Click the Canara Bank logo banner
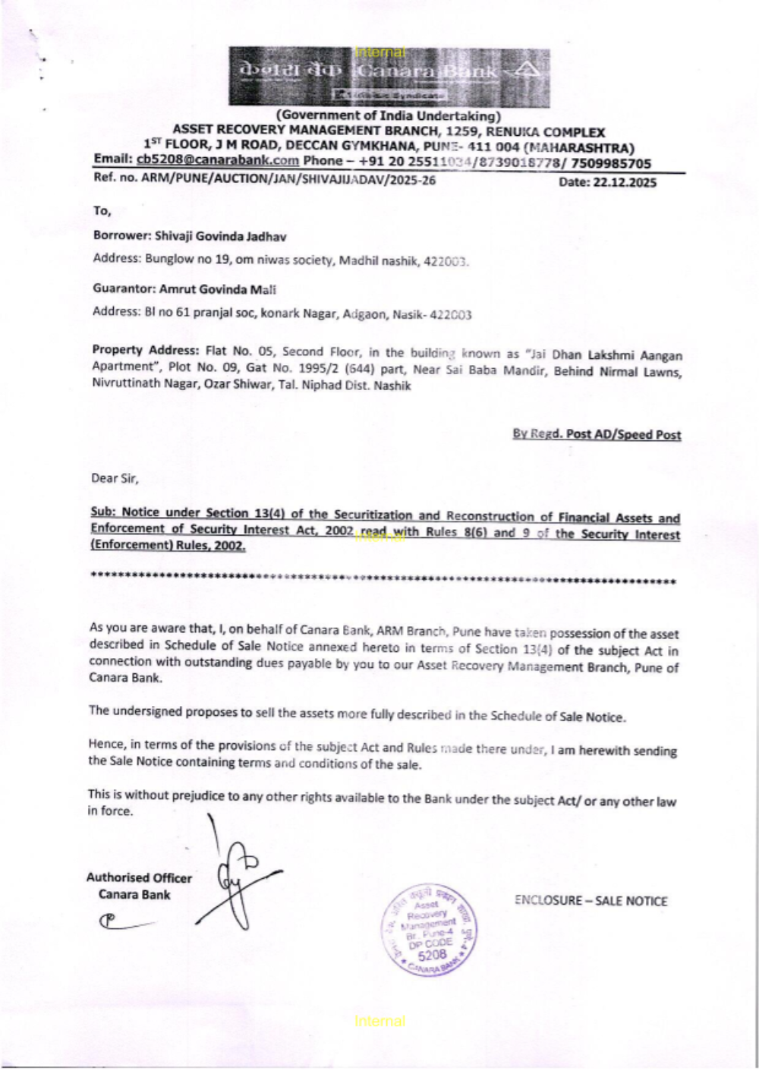pos(389,76)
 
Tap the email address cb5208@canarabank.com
pos(217,160)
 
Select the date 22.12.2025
pos(607,182)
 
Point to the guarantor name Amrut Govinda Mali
pos(217,289)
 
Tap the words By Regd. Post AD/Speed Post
pos(597,434)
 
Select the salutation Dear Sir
pos(115,478)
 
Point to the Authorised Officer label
pos(139,877)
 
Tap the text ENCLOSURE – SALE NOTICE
pos(591,901)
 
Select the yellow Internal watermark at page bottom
pos(379,1022)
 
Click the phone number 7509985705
pos(611,162)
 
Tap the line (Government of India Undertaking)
pos(388,116)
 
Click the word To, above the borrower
pos(102,210)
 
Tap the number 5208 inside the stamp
pos(433,955)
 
